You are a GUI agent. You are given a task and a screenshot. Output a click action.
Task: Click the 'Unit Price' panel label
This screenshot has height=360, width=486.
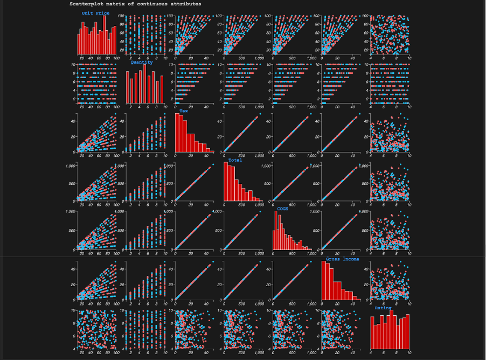coord(95,13)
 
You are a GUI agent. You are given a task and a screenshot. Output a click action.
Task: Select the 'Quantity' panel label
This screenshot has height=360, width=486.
coord(141,62)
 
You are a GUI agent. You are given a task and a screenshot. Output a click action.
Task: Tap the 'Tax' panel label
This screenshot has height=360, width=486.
coord(184,110)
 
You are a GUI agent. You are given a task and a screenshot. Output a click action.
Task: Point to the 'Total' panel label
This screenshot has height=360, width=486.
coord(235,160)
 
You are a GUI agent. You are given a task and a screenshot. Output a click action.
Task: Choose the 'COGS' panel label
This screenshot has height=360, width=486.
coord(282,209)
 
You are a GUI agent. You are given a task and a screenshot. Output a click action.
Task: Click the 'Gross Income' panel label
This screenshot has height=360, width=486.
coord(342,259)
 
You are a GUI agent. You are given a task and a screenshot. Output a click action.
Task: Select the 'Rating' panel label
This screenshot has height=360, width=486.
coord(384,308)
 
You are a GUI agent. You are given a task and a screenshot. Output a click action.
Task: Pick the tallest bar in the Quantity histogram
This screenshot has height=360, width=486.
coord(144,84)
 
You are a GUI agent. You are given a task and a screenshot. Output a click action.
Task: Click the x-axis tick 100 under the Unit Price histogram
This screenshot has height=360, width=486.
coord(116,58)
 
